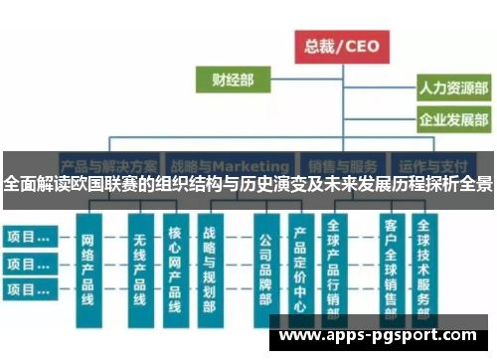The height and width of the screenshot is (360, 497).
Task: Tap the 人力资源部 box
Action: coord(452,88)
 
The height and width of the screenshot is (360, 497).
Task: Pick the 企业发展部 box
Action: coord(452,120)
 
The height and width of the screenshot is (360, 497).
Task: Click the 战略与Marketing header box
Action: coord(230,165)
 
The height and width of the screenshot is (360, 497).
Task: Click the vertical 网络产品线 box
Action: coord(88,267)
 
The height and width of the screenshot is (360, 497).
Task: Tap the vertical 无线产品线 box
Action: coord(140,267)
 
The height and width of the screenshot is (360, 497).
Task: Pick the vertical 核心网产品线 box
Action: coord(175,267)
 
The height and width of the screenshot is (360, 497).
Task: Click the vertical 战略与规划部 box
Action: coord(210,267)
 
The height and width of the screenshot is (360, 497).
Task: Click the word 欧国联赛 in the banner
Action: coord(104,185)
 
